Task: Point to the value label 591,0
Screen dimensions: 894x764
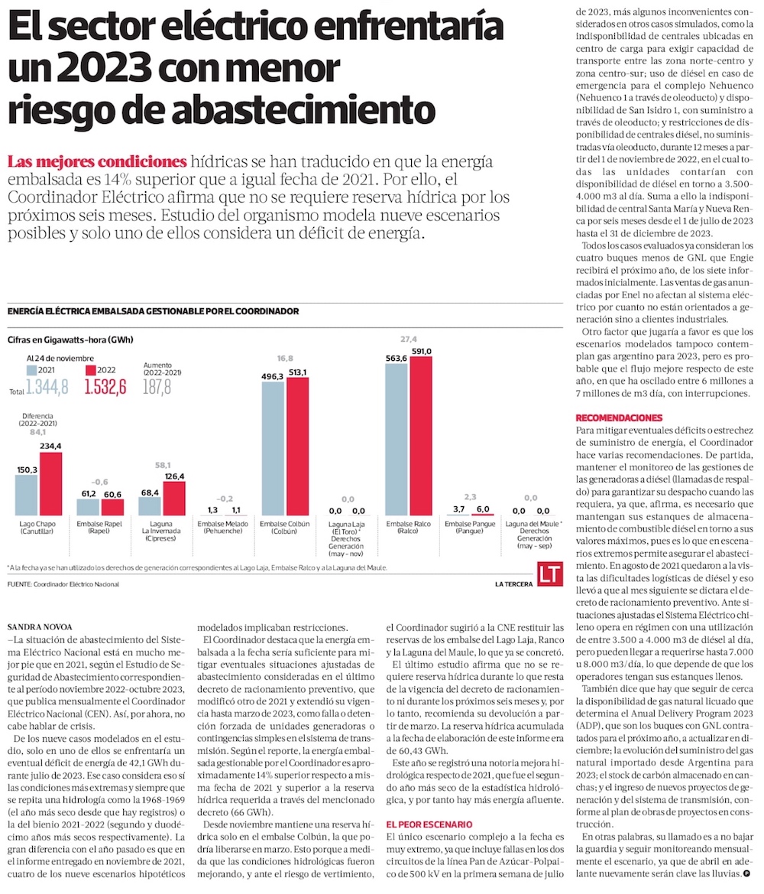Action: pos(421,351)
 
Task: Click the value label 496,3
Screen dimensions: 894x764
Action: pos(274,377)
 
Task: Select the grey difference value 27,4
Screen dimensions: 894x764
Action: pos(408,339)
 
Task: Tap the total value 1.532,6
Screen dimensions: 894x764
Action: pos(105,387)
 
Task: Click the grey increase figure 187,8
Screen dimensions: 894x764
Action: pos(157,387)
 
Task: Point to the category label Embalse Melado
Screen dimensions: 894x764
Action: pos(222,527)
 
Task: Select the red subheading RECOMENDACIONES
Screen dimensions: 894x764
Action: pos(618,418)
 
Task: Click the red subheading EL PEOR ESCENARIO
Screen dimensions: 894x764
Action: pos(429,824)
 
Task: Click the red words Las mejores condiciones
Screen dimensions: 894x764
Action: pos(96,162)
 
